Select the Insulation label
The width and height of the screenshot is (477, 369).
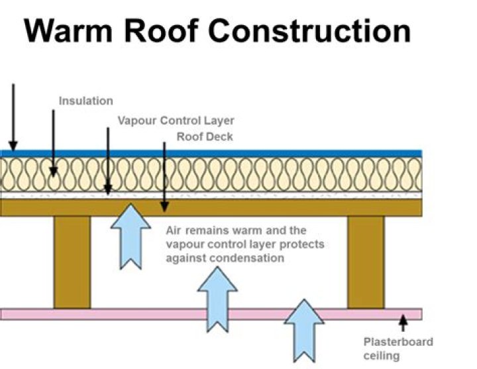pyautogui.click(x=86, y=101)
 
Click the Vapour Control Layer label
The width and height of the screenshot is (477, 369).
pyautogui.click(x=176, y=121)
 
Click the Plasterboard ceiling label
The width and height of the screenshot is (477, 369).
pyautogui.click(x=397, y=348)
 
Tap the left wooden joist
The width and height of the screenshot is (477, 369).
pyautogui.click(x=72, y=262)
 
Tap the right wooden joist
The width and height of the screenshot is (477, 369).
pyautogui.click(x=365, y=262)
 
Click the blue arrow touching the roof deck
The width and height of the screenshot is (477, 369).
pyautogui.click(x=131, y=235)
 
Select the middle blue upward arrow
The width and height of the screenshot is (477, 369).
pyautogui.click(x=217, y=299)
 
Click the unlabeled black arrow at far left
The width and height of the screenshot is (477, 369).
pyautogui.click(x=13, y=116)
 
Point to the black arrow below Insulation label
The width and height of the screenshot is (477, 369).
pyautogui.click(x=54, y=142)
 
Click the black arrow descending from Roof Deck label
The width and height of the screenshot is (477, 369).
pyautogui.click(x=164, y=176)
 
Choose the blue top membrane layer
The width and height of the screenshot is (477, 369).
pyautogui.click(x=212, y=153)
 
